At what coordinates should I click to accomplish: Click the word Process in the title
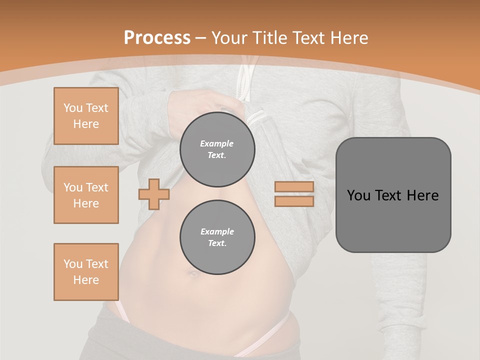pyautogui.click(x=157, y=38)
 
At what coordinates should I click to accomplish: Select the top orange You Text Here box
pyautogui.click(x=86, y=116)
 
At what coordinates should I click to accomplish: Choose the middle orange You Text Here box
pyautogui.click(x=86, y=195)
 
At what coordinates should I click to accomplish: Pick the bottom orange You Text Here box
pyautogui.click(x=86, y=272)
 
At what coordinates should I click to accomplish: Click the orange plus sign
pyautogui.click(x=153, y=194)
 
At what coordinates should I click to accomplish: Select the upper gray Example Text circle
pyautogui.click(x=217, y=149)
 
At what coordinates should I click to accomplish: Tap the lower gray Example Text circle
pyautogui.click(x=217, y=237)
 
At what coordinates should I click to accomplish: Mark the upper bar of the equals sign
pyautogui.click(x=294, y=187)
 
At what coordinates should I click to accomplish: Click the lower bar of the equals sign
pyautogui.click(x=294, y=201)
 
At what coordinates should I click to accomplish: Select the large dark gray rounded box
pyautogui.click(x=393, y=195)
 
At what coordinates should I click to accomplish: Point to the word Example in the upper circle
pyautogui.click(x=217, y=143)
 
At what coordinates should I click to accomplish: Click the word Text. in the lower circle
pyautogui.click(x=217, y=243)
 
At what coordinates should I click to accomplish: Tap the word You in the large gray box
pyautogui.click(x=358, y=195)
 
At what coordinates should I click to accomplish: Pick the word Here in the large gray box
pyautogui.click(x=422, y=195)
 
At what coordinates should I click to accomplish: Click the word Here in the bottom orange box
pyautogui.click(x=86, y=280)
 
